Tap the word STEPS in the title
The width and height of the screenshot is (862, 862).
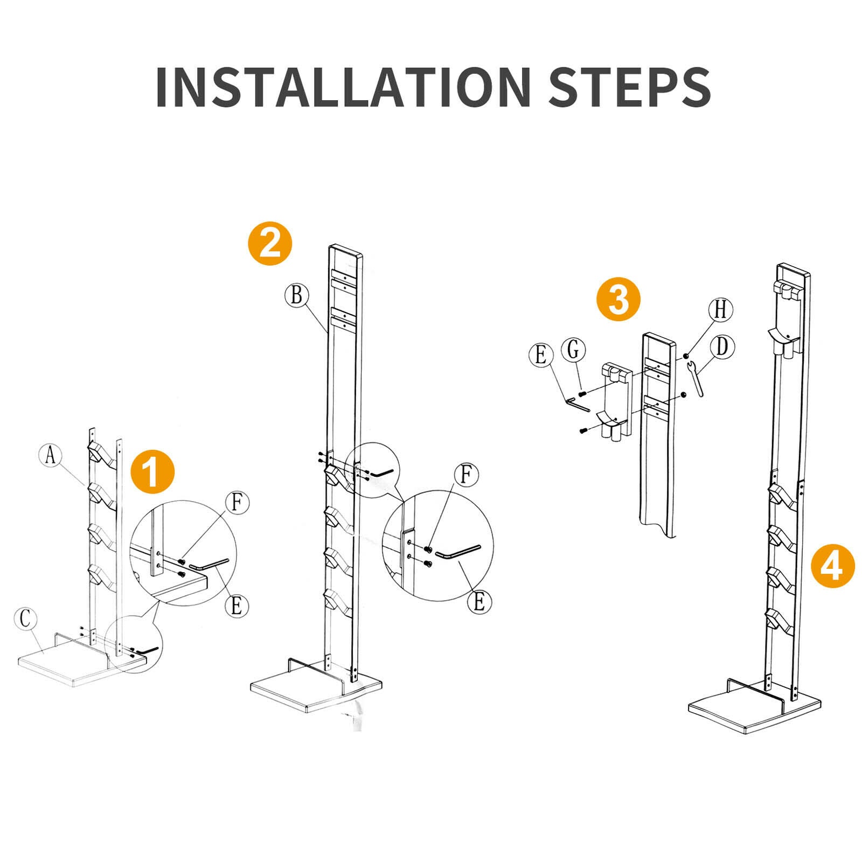pos(630,87)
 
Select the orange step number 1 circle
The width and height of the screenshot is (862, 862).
pos(152,472)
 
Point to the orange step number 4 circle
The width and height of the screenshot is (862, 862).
pos(833,565)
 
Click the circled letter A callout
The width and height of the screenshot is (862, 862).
pos(51,455)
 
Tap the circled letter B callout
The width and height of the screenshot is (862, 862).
pos(296,295)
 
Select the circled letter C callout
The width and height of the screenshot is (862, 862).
pos(25,620)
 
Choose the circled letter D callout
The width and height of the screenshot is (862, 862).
pos(722,347)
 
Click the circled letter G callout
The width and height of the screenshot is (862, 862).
pos(573,350)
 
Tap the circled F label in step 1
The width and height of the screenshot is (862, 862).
pos(237,503)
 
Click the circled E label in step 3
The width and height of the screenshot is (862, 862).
pos(541,355)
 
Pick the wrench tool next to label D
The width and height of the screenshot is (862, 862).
pos(696,379)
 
